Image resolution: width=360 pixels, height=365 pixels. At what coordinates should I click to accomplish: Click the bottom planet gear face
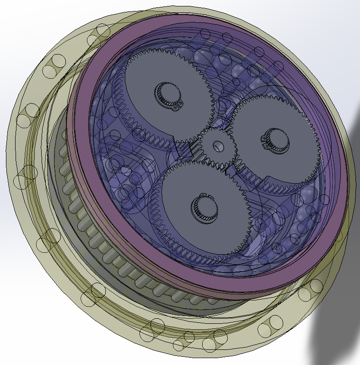(192, 229)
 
